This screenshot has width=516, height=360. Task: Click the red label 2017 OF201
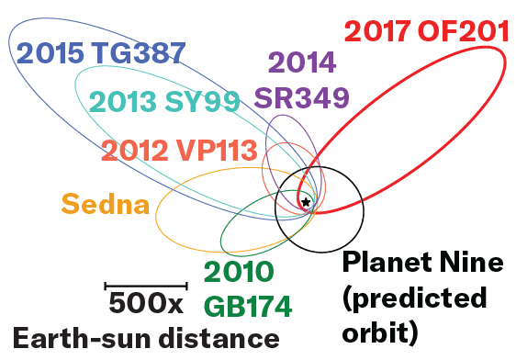click(426, 30)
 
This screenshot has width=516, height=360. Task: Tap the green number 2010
click(239, 272)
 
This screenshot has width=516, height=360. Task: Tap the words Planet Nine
click(422, 264)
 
